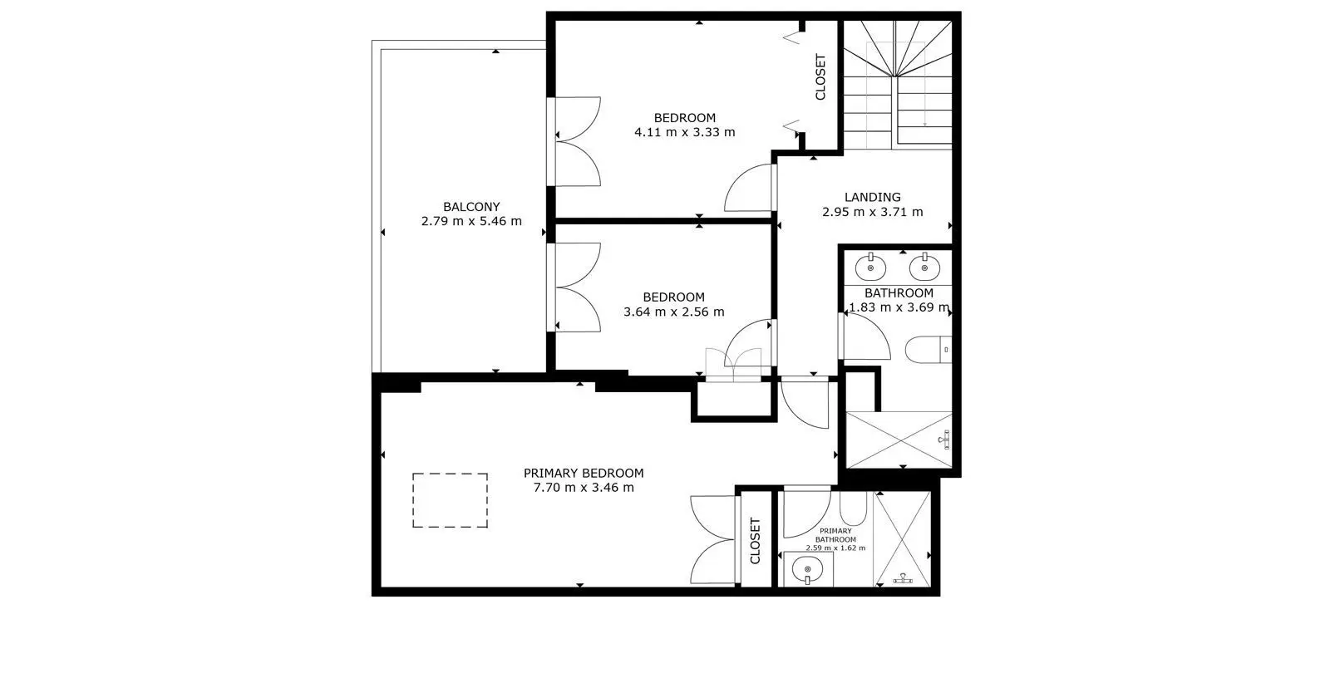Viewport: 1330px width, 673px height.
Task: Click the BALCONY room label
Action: [471, 207]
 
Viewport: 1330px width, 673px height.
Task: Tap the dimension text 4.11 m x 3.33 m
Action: [685, 132]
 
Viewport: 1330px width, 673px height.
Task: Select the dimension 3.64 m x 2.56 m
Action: [674, 312]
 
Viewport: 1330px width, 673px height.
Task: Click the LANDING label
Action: [872, 197]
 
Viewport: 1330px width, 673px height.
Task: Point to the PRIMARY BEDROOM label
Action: [584, 473]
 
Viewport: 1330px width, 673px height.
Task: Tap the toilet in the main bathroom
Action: [929, 350]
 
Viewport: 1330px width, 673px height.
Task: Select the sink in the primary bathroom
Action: [807, 570]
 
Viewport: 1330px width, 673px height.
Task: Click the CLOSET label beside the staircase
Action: [820, 77]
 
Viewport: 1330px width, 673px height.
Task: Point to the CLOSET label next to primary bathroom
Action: [756, 541]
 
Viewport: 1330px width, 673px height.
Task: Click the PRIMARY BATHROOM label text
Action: [835, 535]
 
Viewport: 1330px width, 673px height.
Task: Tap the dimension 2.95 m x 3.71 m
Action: [872, 212]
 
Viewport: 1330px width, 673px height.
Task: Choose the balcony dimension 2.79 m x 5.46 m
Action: [471, 221]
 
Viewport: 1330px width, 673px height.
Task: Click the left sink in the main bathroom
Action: [870, 268]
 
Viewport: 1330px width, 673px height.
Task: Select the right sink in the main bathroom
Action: [924, 268]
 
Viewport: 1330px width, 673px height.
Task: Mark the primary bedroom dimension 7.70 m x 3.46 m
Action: [584, 488]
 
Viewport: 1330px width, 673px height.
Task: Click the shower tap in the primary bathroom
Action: [903, 578]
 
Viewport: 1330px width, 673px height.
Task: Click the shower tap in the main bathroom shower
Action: [944, 440]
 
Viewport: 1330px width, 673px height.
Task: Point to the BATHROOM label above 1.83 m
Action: [899, 292]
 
